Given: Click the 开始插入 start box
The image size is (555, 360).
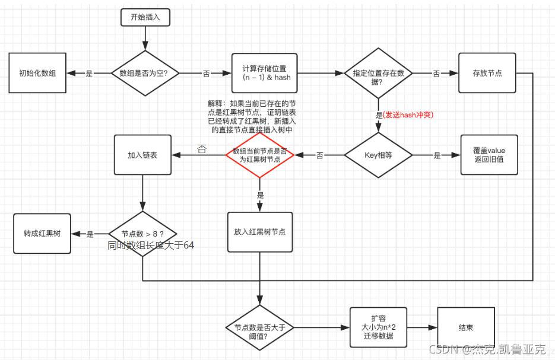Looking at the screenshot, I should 145,18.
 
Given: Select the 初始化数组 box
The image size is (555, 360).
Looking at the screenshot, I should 37,73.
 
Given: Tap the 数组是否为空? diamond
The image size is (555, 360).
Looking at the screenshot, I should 144,73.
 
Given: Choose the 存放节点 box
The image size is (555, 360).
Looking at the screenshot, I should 487,73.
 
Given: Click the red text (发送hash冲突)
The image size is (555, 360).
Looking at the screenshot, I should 408,115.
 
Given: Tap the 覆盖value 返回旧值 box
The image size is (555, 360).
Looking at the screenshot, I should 489,155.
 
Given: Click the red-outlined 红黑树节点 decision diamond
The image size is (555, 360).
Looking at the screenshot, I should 260,155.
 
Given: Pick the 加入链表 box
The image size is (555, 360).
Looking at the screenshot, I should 143,155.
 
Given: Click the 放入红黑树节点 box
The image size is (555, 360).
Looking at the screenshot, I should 260,232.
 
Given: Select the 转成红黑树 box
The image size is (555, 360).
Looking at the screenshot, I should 42,234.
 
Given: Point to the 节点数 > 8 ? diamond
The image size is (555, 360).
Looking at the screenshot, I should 143,234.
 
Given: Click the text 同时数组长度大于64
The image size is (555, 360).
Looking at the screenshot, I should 151,246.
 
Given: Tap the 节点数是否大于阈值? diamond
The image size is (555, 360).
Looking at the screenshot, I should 260,327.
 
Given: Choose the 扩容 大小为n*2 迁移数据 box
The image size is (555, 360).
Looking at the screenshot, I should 378,327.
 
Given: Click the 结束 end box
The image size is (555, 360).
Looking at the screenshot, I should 465,327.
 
